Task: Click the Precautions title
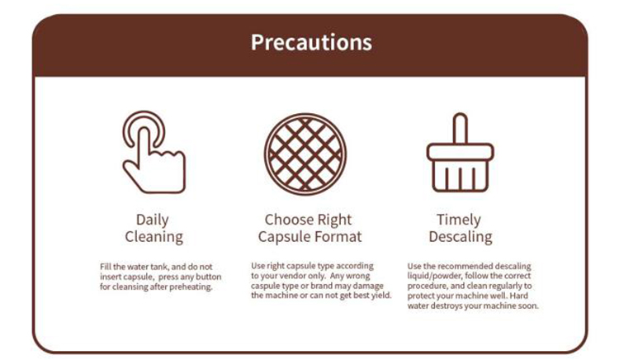(311, 42)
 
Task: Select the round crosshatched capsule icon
(305, 154)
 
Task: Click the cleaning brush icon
(460, 153)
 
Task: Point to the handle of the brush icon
(460, 129)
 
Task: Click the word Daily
(153, 220)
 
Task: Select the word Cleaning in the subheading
(154, 237)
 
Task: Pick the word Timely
(459, 220)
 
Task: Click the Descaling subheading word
(461, 237)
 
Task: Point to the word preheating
(191, 287)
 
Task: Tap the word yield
(382, 296)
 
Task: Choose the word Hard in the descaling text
(519, 296)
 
